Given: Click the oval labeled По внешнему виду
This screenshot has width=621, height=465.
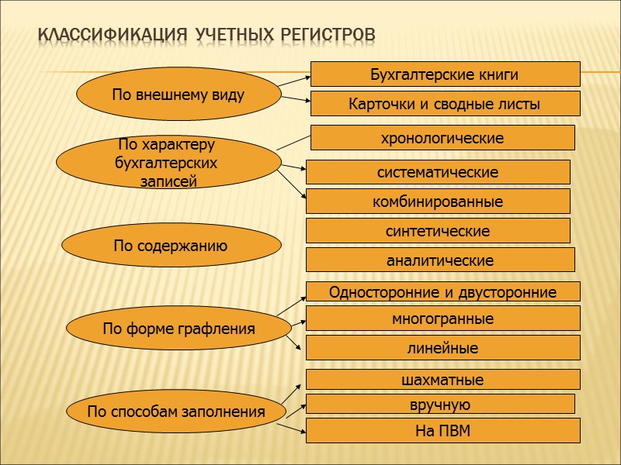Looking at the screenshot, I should (179, 95).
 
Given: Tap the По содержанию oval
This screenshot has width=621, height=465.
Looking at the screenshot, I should (171, 246).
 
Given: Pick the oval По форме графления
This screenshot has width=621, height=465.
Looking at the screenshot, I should (179, 329).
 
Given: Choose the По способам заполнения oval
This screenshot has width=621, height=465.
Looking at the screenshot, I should (175, 412).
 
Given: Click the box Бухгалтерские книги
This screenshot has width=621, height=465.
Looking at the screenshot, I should (445, 74).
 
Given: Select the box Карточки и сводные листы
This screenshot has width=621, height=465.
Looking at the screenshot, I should (445, 104).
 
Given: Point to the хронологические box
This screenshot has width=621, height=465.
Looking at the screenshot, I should (442, 138).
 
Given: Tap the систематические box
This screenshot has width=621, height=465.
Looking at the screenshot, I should (438, 172).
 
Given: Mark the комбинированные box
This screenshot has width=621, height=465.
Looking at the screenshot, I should (438, 201).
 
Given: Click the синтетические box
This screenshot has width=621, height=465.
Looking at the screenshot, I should (438, 231).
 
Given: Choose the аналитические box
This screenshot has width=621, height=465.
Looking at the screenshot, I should (440, 260).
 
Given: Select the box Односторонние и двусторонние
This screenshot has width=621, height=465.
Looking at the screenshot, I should (442, 292).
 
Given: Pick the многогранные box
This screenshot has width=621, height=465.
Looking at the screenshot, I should (442, 319).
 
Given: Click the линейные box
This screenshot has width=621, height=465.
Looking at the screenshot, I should (442, 348).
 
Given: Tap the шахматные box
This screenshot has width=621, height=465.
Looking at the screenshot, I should (442, 380).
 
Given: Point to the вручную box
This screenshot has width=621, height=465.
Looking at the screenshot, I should (440, 404).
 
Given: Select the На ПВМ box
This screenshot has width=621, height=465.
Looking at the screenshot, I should (442, 431).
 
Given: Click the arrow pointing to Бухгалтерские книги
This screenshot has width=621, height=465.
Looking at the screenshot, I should (295, 79).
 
